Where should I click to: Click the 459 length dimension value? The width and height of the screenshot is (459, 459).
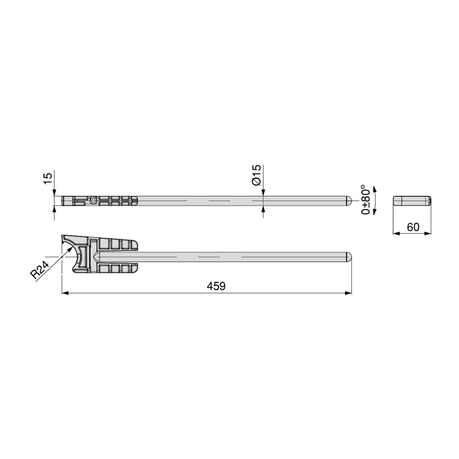click(x=217, y=286)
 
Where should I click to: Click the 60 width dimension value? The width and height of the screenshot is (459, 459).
click(x=413, y=227)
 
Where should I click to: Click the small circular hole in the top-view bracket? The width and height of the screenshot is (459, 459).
click(x=93, y=201)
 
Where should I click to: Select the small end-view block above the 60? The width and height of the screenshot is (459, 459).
click(x=412, y=201)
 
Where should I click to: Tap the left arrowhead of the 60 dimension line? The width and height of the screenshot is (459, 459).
click(x=396, y=233)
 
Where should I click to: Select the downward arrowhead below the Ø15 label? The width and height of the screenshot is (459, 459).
click(x=263, y=193)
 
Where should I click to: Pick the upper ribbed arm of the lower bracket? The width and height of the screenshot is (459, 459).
click(x=117, y=245)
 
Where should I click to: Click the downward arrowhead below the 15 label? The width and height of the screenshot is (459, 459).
click(x=55, y=193)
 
